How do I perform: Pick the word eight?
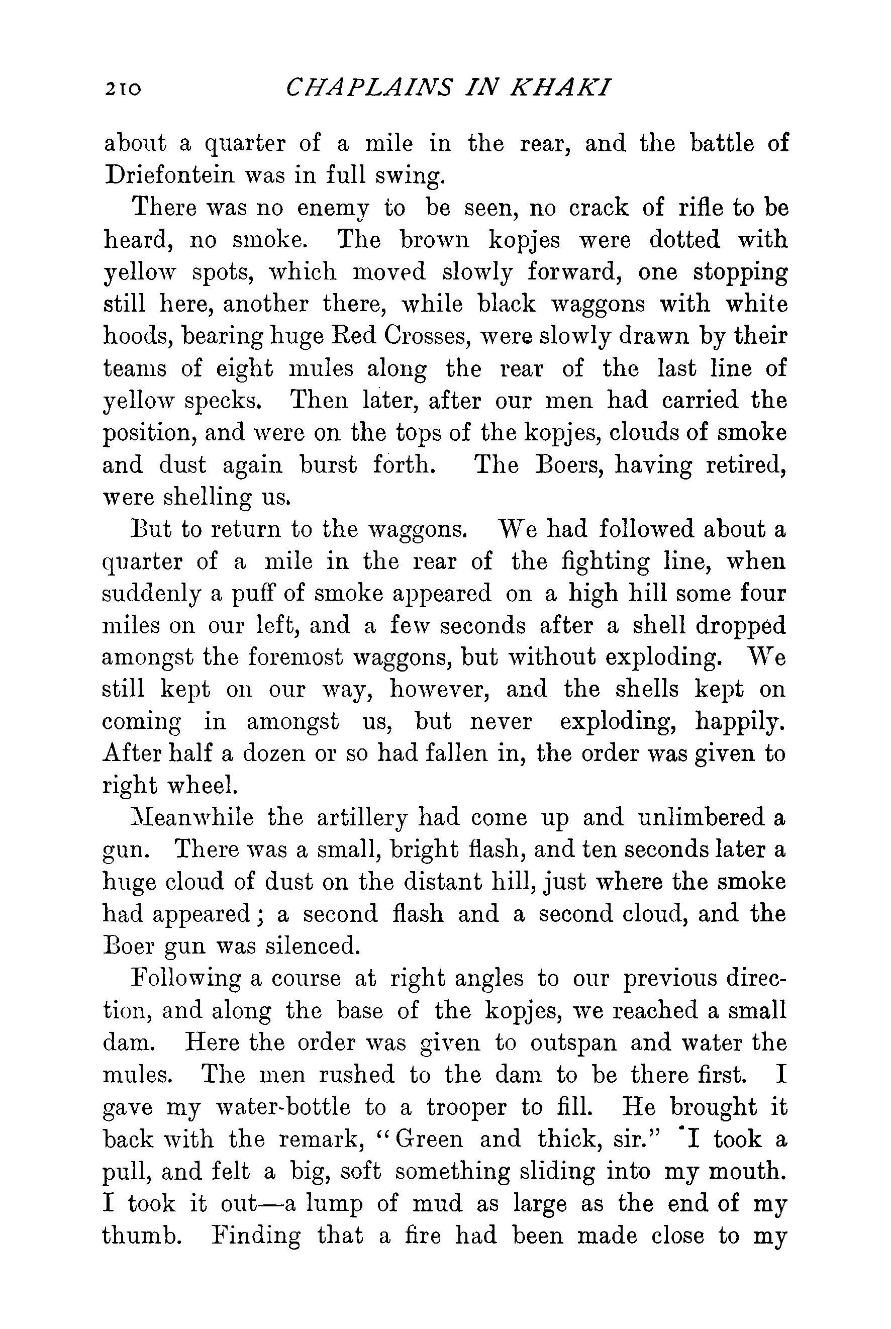[x=244, y=369]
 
